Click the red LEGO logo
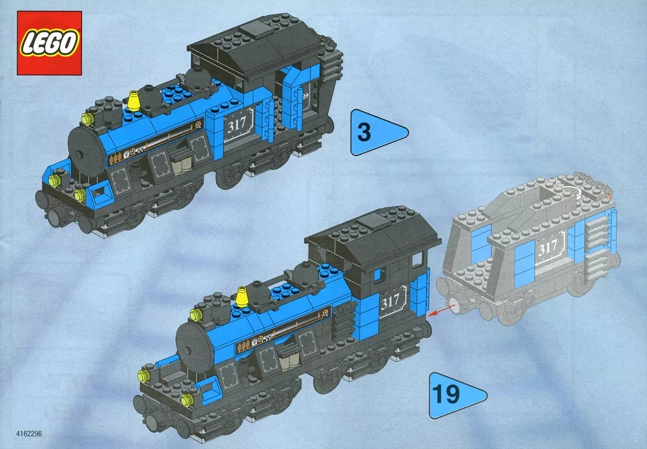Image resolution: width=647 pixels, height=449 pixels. tap(50, 43)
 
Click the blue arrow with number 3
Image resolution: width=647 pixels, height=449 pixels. tap(377, 132)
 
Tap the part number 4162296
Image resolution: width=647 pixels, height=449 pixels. tap(29, 434)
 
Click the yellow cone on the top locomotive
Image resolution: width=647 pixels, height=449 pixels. tap(134, 101)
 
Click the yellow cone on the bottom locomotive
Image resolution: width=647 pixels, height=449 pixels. tap(242, 297)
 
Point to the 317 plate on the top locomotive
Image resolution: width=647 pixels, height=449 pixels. tap(238, 125)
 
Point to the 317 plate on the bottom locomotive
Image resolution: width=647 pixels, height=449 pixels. tap(392, 302)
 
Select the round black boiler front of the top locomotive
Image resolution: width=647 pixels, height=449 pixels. tap(87, 152)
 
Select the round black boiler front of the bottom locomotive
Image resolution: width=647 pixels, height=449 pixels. tap(193, 348)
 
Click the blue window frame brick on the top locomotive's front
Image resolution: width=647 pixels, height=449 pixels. tap(99, 192)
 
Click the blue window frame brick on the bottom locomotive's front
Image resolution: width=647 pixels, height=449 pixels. tap(208, 387)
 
